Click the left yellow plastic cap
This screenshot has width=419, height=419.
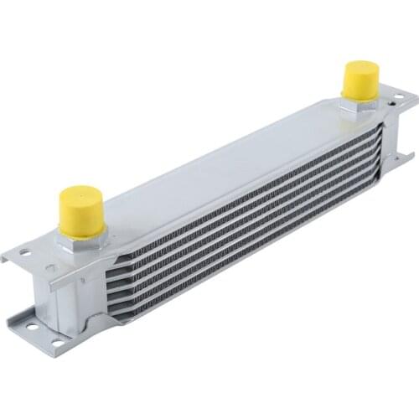[81, 209]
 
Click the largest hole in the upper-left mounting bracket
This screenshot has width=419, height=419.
[25, 252]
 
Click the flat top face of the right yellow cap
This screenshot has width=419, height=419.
[360, 67]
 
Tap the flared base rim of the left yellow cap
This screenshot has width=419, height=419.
[81, 227]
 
